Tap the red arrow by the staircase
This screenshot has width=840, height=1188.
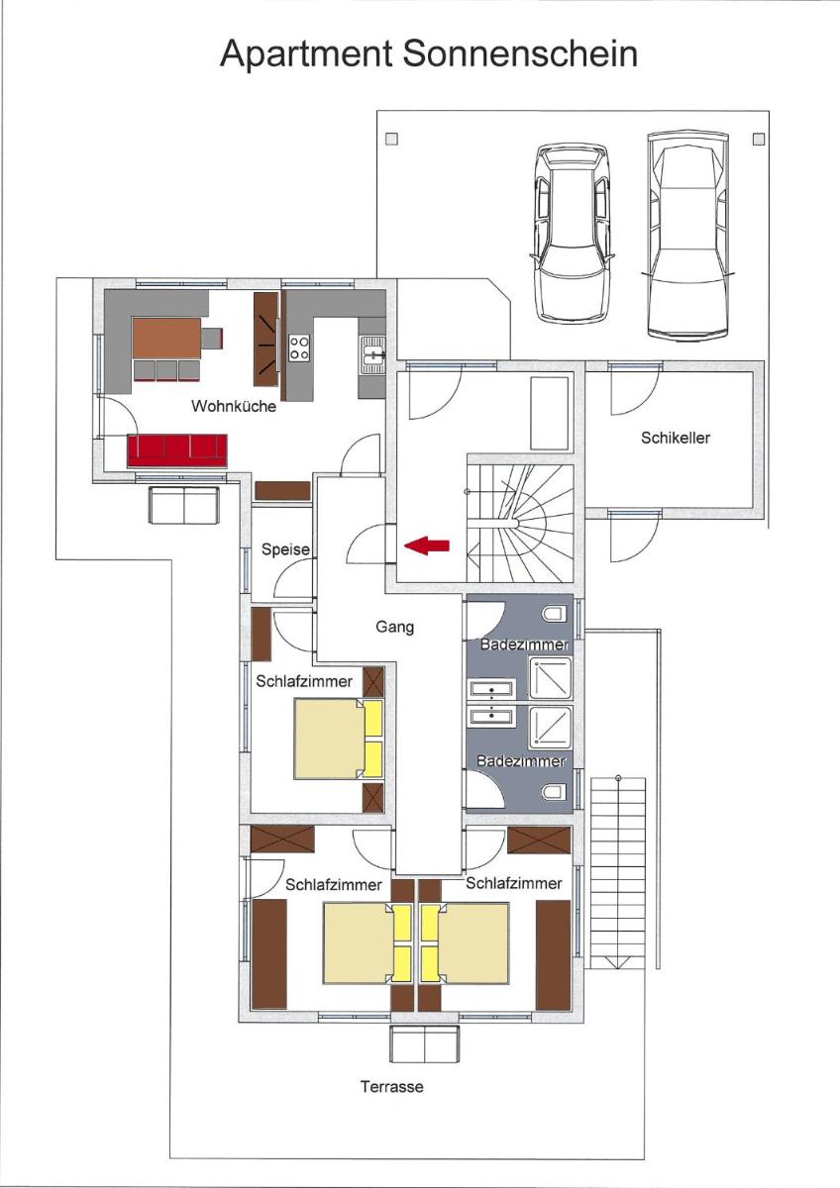pos(427,545)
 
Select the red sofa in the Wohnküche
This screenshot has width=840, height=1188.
pos(177,450)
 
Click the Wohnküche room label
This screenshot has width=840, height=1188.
pos(234,406)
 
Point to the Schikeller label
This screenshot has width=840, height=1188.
pos(675,438)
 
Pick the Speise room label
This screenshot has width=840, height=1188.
pos(285,549)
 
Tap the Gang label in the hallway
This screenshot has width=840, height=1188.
pos(394,628)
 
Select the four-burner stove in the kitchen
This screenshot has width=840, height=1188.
pos(299,347)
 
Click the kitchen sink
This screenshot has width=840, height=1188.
pos(372,355)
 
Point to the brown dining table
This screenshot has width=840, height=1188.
pos(166,339)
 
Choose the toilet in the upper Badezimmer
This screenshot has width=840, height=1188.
pos(554,614)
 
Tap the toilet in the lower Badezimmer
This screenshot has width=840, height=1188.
pos(554,792)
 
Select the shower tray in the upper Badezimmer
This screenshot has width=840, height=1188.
pos(551,678)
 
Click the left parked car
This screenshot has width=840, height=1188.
pos(573,233)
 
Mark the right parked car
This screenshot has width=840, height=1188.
pos(687,234)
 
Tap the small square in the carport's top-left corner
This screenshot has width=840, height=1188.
pos(391,140)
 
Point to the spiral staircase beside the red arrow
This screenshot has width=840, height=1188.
pos(520,524)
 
